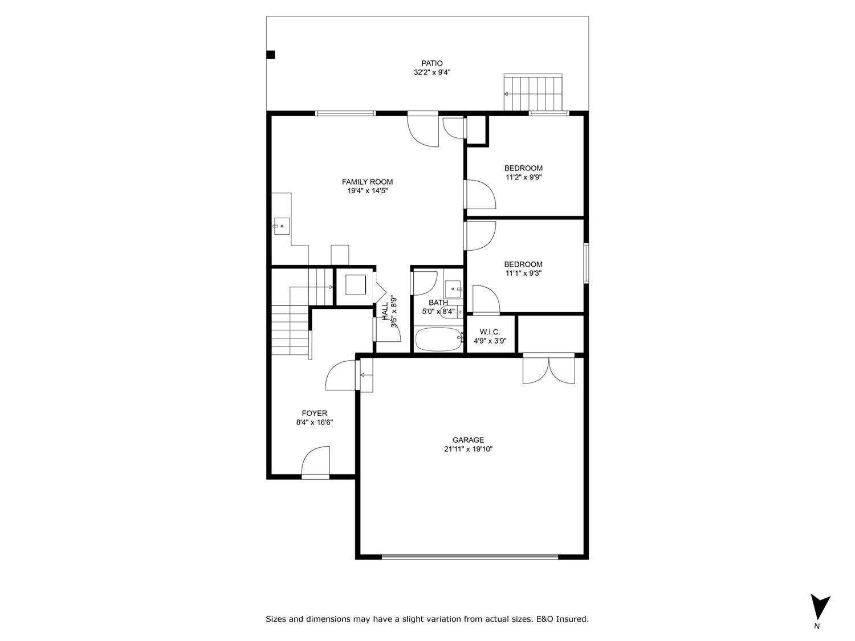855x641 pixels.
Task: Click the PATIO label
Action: [x=431, y=63]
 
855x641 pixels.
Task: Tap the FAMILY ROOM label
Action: [x=367, y=182]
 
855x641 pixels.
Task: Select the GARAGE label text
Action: [x=468, y=440]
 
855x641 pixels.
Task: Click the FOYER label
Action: [x=314, y=413]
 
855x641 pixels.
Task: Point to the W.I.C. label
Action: [x=490, y=332]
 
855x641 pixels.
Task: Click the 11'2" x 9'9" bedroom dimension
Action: [x=523, y=177]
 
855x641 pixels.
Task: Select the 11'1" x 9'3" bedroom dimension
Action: [x=523, y=273]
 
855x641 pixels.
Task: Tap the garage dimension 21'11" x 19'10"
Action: [x=468, y=449]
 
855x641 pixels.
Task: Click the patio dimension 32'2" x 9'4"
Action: [x=431, y=72]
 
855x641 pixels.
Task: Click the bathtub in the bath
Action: [x=438, y=340]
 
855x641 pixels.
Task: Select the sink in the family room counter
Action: [x=281, y=226]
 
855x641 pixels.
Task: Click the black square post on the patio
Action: [x=271, y=55]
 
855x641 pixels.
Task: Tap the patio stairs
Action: [x=533, y=92]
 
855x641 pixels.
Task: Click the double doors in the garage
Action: [x=549, y=369]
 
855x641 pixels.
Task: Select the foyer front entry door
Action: [x=316, y=463]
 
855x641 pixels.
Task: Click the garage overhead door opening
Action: [x=470, y=557]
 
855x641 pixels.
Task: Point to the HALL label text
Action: [x=385, y=311]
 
